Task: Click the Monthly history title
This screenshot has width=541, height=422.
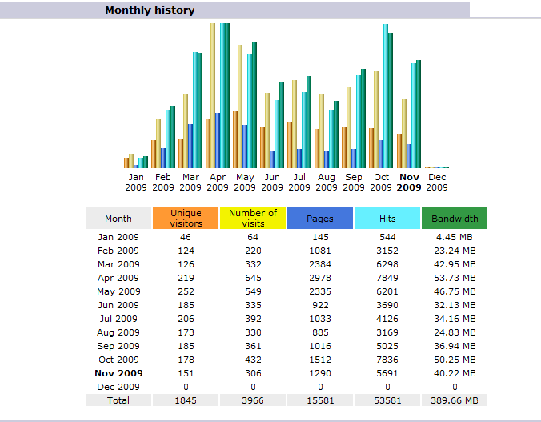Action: (x=150, y=10)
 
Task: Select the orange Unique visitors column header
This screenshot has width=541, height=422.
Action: (x=186, y=218)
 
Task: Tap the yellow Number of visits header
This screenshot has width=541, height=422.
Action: (x=253, y=218)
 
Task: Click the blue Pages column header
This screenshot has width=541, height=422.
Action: (x=320, y=218)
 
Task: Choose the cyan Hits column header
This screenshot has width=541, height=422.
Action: (x=387, y=218)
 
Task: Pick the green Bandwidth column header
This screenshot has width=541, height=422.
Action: (x=455, y=218)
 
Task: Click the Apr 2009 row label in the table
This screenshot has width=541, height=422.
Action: (x=118, y=278)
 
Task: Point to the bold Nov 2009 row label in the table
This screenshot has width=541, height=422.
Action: (x=118, y=373)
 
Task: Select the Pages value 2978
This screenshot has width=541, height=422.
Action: (x=320, y=278)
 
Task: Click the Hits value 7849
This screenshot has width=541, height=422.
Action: (x=387, y=278)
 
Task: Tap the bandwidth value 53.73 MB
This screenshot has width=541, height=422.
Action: (x=455, y=278)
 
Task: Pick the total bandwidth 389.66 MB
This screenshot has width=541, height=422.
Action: (x=455, y=400)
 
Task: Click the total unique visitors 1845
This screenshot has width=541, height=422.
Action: (x=186, y=400)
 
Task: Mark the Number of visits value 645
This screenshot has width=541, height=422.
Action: (x=253, y=278)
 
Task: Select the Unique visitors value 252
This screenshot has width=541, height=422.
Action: (x=186, y=291)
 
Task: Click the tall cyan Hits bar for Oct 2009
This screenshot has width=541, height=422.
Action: (x=386, y=96)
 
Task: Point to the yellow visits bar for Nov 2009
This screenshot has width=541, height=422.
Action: (x=404, y=134)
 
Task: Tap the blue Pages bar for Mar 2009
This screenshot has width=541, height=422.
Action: (x=190, y=146)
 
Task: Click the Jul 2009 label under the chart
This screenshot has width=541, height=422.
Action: (x=299, y=183)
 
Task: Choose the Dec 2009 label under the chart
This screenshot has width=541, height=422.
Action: (x=437, y=183)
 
